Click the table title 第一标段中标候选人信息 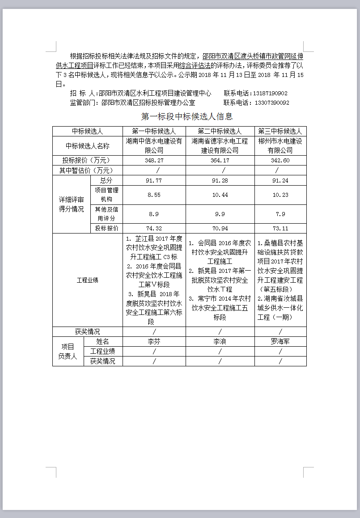(x=187, y=117)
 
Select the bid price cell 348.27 (x=154, y=160)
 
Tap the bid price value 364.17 (x=220, y=160)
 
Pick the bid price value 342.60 (x=280, y=160)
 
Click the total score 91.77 (x=154, y=180)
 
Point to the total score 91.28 (x=220, y=180)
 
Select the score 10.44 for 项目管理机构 (x=220, y=195)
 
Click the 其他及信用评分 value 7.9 (x=280, y=214)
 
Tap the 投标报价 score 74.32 (x=154, y=229)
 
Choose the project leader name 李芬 (x=154, y=341)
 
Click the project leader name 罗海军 (x=280, y=341)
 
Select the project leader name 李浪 (x=220, y=341)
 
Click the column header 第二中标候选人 (x=220, y=132)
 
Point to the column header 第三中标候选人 (x=280, y=132)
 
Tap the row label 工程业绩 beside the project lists (x=88, y=280)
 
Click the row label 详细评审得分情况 (x=72, y=204)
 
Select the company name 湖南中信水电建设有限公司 (x=154, y=146)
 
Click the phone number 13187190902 (x=270, y=93)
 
